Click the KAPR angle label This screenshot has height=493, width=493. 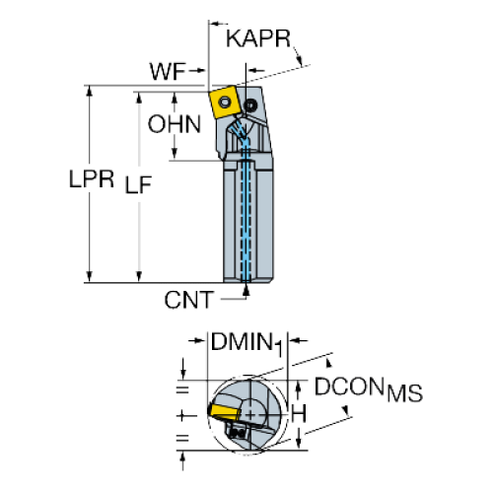click(258, 38)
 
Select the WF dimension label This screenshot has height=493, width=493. click(168, 71)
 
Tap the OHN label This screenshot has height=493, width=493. click(175, 124)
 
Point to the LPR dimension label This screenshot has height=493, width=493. click(92, 179)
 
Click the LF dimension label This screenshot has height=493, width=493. click(138, 184)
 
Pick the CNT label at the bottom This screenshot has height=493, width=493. click(189, 300)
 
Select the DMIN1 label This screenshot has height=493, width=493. click(246, 343)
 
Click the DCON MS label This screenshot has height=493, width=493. click(369, 389)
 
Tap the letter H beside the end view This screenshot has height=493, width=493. click(299, 413)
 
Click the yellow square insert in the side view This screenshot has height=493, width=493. click(224, 102)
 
